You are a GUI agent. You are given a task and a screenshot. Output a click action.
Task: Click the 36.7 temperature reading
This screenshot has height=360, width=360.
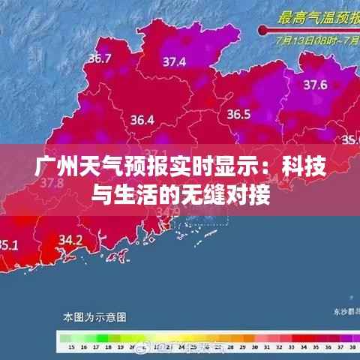pos(100,58)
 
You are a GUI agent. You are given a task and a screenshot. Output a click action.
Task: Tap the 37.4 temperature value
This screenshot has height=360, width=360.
pos(175,61)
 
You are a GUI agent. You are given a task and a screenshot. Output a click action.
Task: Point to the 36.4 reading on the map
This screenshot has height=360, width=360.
pos(142,119)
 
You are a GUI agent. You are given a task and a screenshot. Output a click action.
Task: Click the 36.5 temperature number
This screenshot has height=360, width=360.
pos(238,115)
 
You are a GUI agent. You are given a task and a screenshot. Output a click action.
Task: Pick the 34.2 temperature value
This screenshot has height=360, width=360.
pos(70,240)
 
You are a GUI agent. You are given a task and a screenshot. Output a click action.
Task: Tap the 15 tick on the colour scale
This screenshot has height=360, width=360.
pos(70,348)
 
